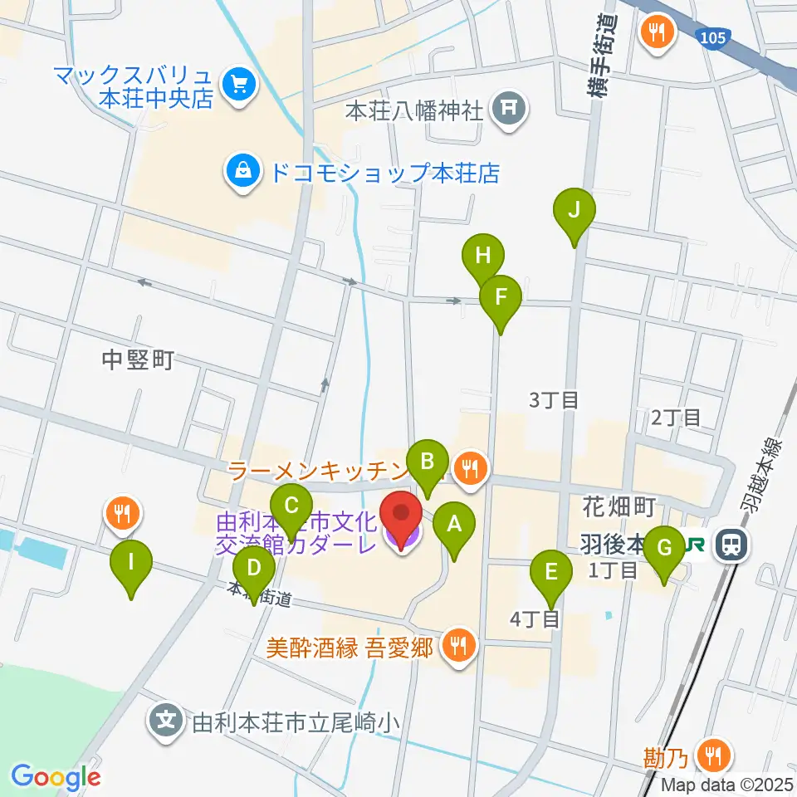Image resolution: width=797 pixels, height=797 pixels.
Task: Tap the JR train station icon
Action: (x=731, y=544)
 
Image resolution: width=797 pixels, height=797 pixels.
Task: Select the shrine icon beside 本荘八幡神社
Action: (x=508, y=110)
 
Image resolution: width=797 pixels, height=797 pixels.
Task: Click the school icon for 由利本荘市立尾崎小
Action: (x=168, y=720)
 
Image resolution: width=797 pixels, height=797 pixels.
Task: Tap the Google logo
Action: (x=56, y=777)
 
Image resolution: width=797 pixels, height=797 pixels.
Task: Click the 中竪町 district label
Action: (x=137, y=359)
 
